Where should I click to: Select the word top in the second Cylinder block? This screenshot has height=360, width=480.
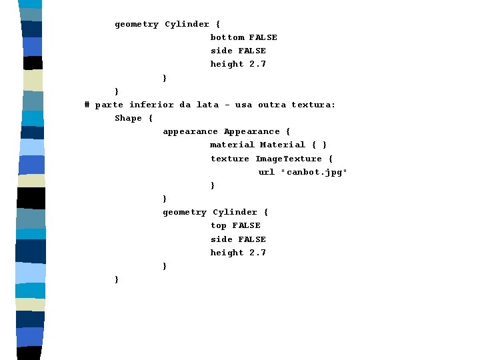click(x=219, y=226)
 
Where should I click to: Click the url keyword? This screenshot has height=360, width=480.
click(x=267, y=172)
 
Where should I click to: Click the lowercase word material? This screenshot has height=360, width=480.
click(x=232, y=145)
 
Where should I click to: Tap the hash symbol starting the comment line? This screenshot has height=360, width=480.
click(x=87, y=105)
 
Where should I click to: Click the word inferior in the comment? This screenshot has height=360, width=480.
click(x=152, y=105)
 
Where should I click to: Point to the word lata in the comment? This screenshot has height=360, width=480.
click(x=207, y=105)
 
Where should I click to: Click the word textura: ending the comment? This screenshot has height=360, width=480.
click(x=314, y=105)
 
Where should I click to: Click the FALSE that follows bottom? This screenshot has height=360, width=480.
click(x=263, y=37)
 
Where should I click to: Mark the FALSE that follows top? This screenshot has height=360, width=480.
click(x=247, y=226)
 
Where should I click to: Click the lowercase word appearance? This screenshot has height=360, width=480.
click(x=190, y=131)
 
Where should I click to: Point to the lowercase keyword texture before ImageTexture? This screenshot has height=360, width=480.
click(x=230, y=159)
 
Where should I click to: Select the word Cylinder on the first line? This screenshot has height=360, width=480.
click(x=187, y=24)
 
